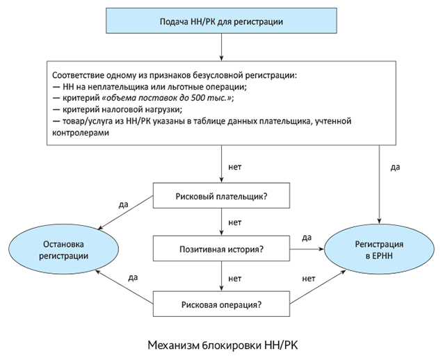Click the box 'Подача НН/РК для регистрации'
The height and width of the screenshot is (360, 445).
(221, 22)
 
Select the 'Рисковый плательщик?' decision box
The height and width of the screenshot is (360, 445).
(221, 197)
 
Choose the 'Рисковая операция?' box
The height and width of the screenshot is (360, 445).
(221, 303)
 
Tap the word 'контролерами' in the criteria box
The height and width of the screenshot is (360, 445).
(81, 132)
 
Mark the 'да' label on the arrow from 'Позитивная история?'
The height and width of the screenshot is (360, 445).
(307, 238)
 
